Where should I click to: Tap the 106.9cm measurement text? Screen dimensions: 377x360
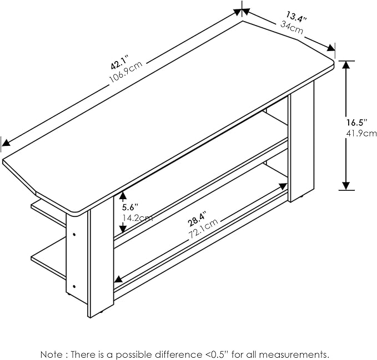tap(126, 72)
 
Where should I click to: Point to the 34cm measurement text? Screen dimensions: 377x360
tap(291, 27)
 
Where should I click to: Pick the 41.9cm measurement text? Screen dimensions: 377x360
tap(361, 133)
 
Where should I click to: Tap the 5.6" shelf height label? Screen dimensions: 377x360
tap(130, 207)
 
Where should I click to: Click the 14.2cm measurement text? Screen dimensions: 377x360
tap(138, 218)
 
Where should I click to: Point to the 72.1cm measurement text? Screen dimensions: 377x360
tap(203, 228)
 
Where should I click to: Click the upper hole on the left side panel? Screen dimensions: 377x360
tap(74, 234)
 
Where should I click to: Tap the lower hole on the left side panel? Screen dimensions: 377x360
tap(74, 286)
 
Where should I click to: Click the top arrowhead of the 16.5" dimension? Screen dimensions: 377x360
tap(346, 65)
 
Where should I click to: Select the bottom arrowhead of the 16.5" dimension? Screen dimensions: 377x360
tap(346, 186)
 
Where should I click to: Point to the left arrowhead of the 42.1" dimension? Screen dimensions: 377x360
tap(6, 143)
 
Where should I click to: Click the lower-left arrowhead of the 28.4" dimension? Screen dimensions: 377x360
tap(118, 279)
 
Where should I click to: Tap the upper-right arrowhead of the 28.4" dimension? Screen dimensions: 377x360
tap(283, 186)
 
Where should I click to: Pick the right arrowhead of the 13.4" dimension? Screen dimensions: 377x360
tap(331, 48)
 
